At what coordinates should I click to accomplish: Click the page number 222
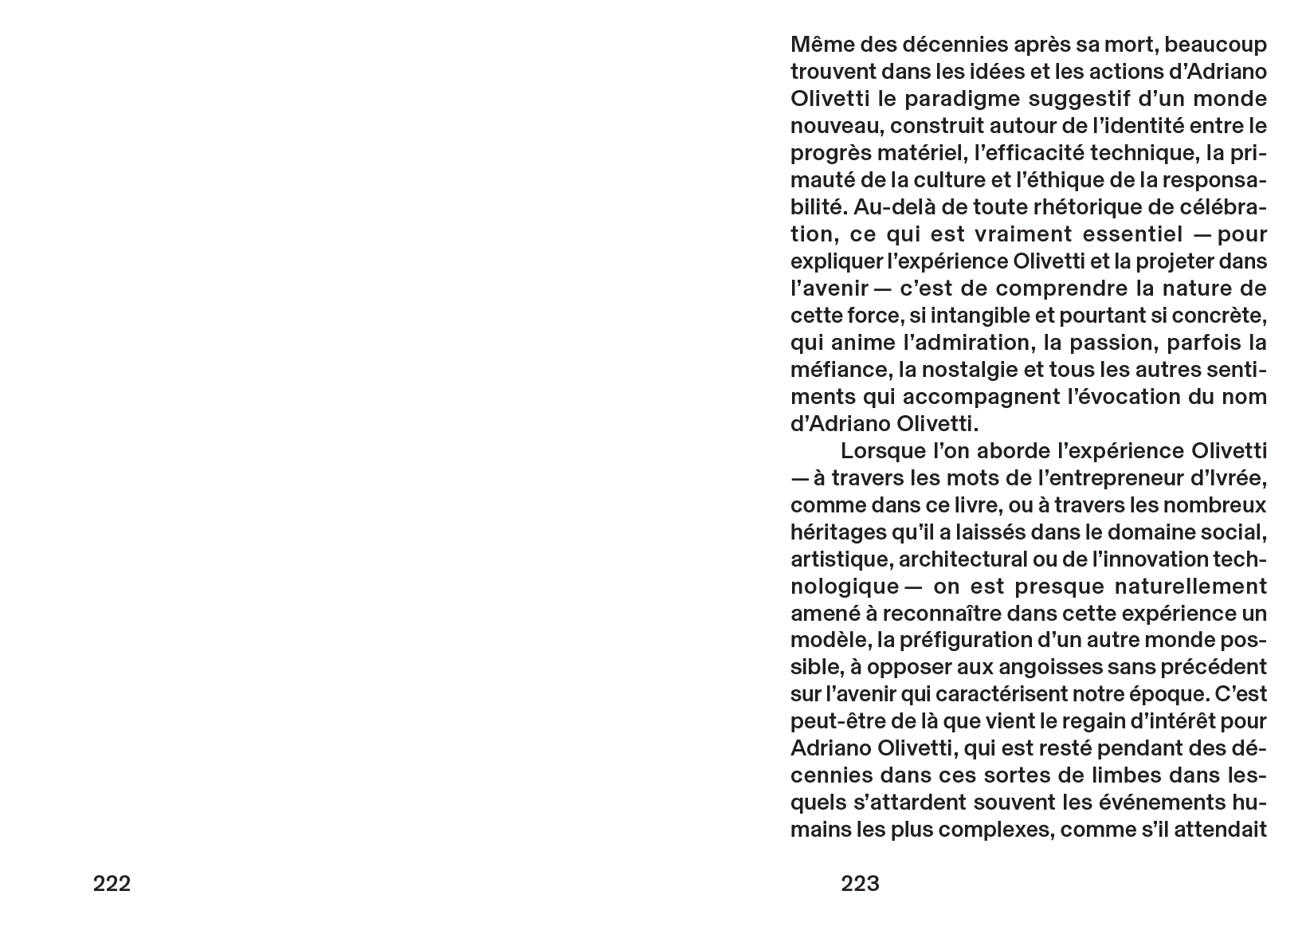click(112, 884)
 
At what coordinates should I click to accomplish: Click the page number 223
click(860, 884)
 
